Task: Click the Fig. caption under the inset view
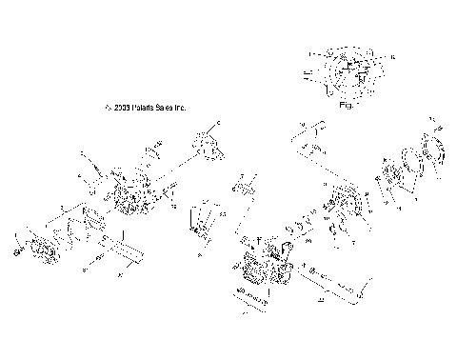click(347, 107)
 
